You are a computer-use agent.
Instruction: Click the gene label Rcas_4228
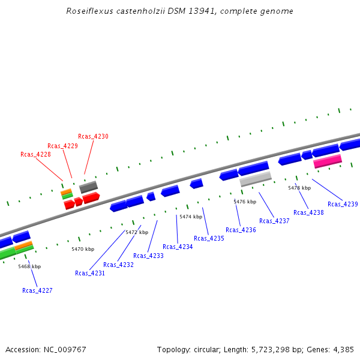point(35,154)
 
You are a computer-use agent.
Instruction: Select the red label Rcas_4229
point(62,146)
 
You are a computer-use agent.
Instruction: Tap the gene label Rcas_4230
point(93,136)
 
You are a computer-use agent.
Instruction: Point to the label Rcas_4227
point(37,290)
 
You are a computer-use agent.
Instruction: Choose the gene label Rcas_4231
point(90,273)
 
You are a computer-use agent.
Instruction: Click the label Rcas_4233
point(148,256)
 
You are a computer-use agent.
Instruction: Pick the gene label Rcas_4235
point(209,238)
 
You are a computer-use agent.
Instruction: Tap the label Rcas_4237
point(274,221)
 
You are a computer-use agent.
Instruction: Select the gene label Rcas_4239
point(343,204)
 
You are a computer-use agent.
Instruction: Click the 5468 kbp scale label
point(29,266)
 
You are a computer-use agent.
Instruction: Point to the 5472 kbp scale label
point(136,232)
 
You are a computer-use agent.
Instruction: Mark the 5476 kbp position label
point(245,202)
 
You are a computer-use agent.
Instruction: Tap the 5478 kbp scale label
point(299,188)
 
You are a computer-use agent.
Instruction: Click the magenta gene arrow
point(328,161)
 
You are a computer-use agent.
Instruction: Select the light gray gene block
point(256,179)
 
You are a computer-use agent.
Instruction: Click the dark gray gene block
point(88,187)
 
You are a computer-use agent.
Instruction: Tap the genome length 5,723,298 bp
point(257,349)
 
